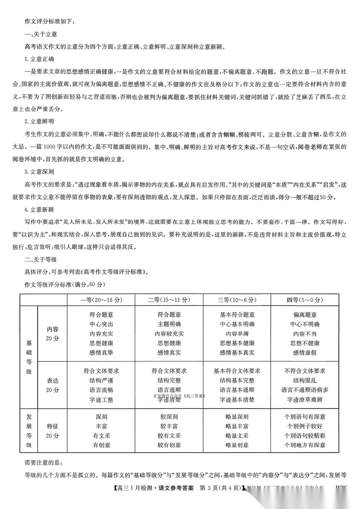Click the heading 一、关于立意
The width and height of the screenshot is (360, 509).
(x=41, y=34)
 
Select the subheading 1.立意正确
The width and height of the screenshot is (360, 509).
(x=39, y=59)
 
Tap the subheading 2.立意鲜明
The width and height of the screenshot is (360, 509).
(x=39, y=122)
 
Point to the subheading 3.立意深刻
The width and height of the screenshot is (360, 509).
(x=39, y=172)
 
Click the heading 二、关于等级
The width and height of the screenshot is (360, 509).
(x=41, y=259)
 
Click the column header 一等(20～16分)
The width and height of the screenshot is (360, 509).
(x=101, y=300)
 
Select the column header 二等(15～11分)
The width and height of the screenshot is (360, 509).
(x=169, y=300)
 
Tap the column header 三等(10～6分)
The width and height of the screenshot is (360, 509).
(x=237, y=300)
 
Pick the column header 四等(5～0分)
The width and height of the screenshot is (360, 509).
(x=305, y=300)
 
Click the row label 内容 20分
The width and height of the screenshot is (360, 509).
(x=53, y=334)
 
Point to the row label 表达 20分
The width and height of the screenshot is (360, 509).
(x=53, y=385)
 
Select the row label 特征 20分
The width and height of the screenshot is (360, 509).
(x=53, y=431)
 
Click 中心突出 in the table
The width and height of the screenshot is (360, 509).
(x=101, y=324)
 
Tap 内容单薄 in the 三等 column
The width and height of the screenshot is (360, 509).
(x=237, y=334)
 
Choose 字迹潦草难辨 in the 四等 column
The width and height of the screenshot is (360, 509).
(x=305, y=400)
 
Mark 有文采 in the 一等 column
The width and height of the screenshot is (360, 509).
(x=101, y=436)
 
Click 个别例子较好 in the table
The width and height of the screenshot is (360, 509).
(x=305, y=426)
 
